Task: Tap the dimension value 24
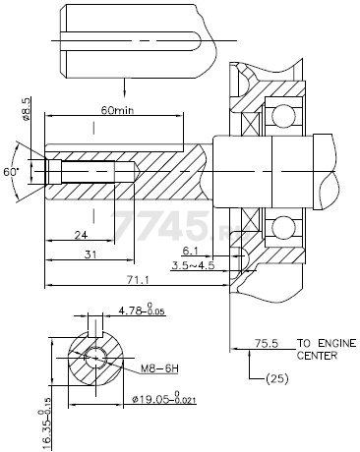point(81,236)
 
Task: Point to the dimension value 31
point(89,256)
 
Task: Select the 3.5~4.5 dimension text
point(192,265)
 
